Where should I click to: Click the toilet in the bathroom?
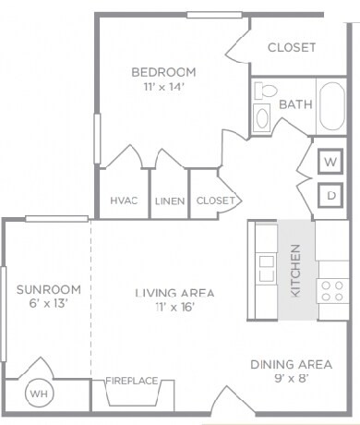pyautogui.click(x=266, y=91)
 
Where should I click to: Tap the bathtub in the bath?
pyautogui.click(x=331, y=106)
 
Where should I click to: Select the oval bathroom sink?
pyautogui.click(x=262, y=118)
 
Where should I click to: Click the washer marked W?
pyautogui.click(x=330, y=162)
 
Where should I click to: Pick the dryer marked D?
pyautogui.click(x=330, y=195)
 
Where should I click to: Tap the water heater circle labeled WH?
pyautogui.click(x=40, y=394)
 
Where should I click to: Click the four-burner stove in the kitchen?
pyautogui.click(x=332, y=291)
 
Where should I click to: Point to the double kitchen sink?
pyautogui.click(x=267, y=269)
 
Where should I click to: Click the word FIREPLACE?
pyautogui.click(x=132, y=381)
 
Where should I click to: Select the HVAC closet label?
pyautogui.click(x=124, y=200)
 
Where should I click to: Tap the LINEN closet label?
pyautogui.click(x=170, y=201)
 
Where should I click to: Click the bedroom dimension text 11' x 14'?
pyautogui.click(x=163, y=87)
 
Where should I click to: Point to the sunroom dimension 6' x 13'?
pyautogui.click(x=48, y=304)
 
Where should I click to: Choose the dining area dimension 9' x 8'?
pyautogui.click(x=291, y=378)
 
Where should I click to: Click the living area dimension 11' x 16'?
pyautogui.click(x=174, y=307)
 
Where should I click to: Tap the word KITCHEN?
pyautogui.click(x=295, y=271)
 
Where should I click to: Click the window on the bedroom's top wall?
pyautogui.click(x=214, y=15)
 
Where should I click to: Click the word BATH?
pyautogui.click(x=295, y=104)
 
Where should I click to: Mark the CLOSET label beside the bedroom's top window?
pyautogui.click(x=292, y=47)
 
